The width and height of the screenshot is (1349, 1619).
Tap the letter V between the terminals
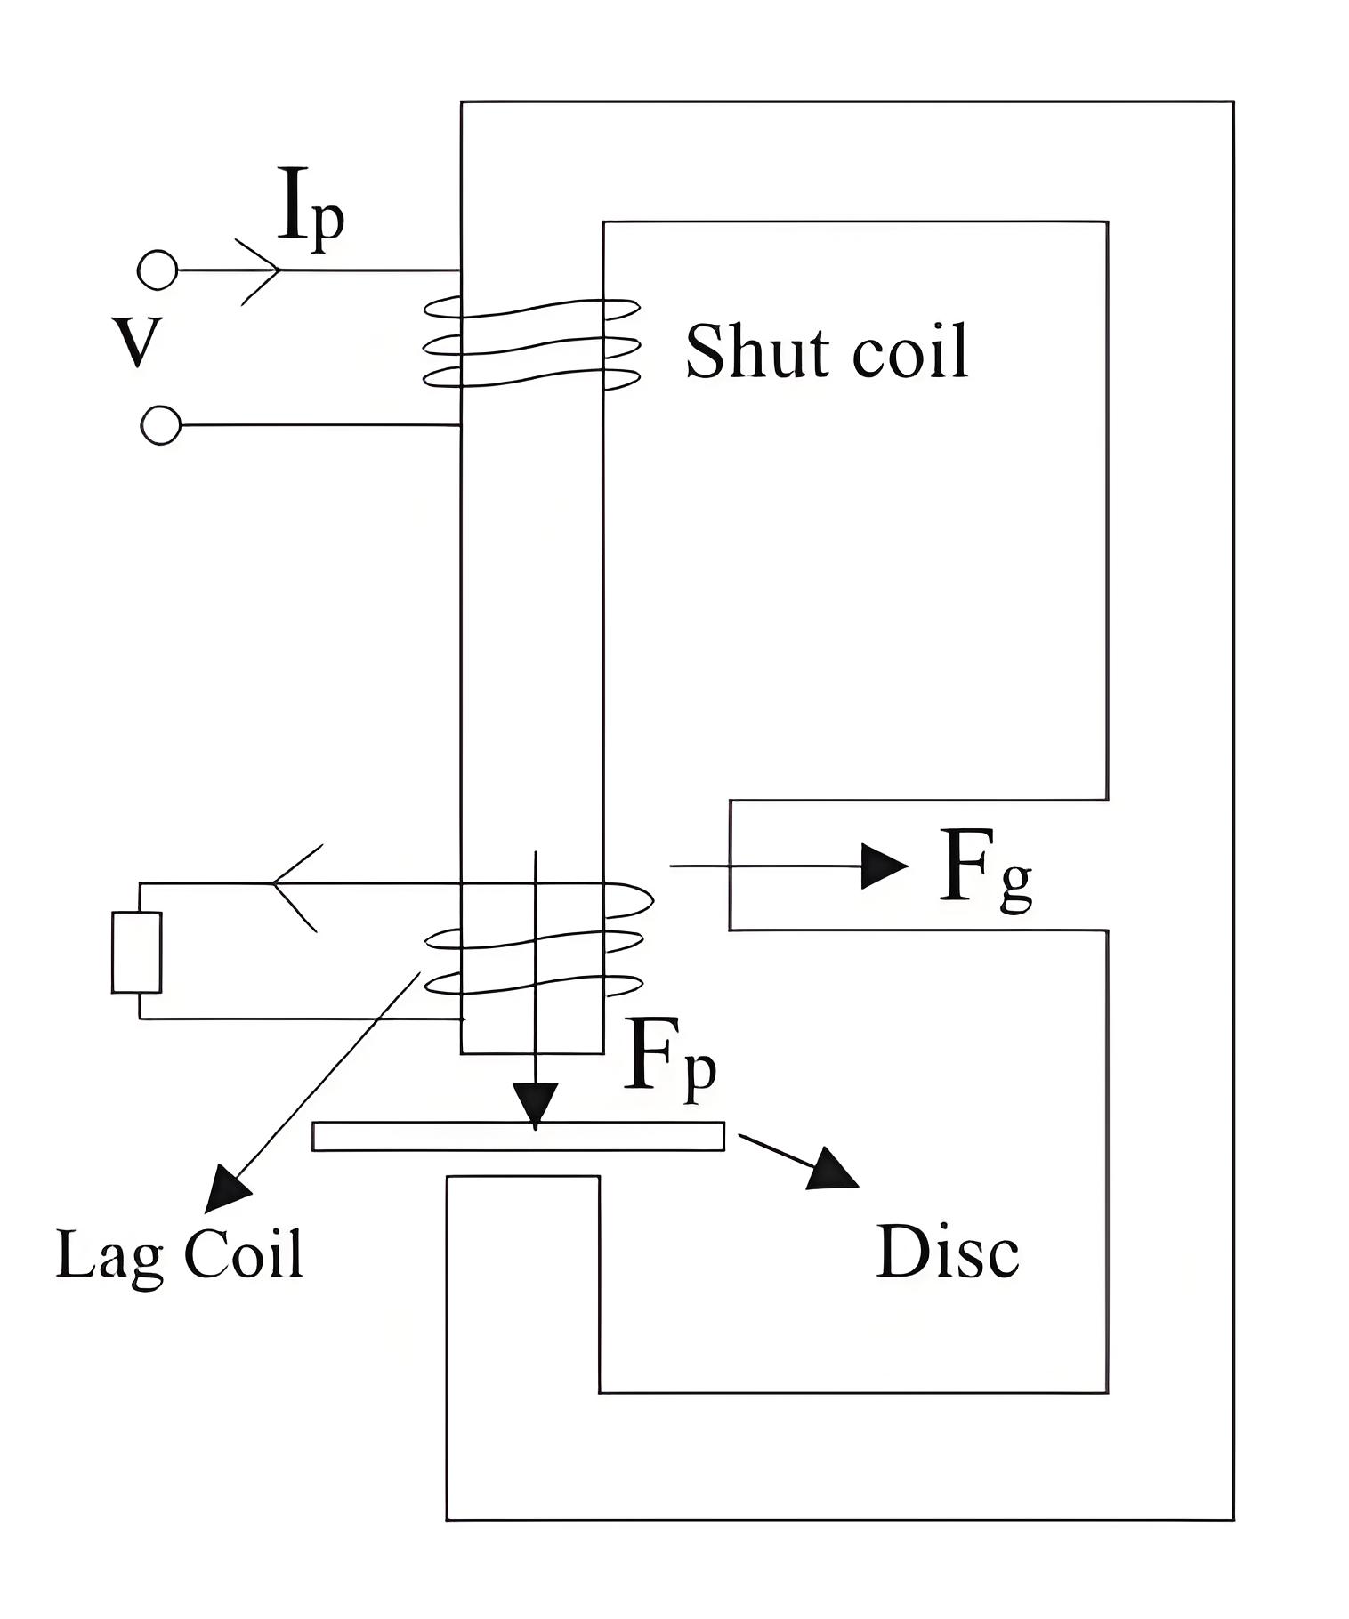click(137, 343)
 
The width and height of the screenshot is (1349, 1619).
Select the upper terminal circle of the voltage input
click(158, 270)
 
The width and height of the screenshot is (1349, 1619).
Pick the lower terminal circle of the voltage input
click(160, 425)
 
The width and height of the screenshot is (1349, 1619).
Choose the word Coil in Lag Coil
click(243, 1253)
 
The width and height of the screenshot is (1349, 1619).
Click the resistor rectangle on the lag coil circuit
click(136, 952)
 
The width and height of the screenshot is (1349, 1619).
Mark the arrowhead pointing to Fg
click(885, 866)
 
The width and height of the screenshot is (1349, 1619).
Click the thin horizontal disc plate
click(518, 1137)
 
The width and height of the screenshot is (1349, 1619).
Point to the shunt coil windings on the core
click(531, 342)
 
